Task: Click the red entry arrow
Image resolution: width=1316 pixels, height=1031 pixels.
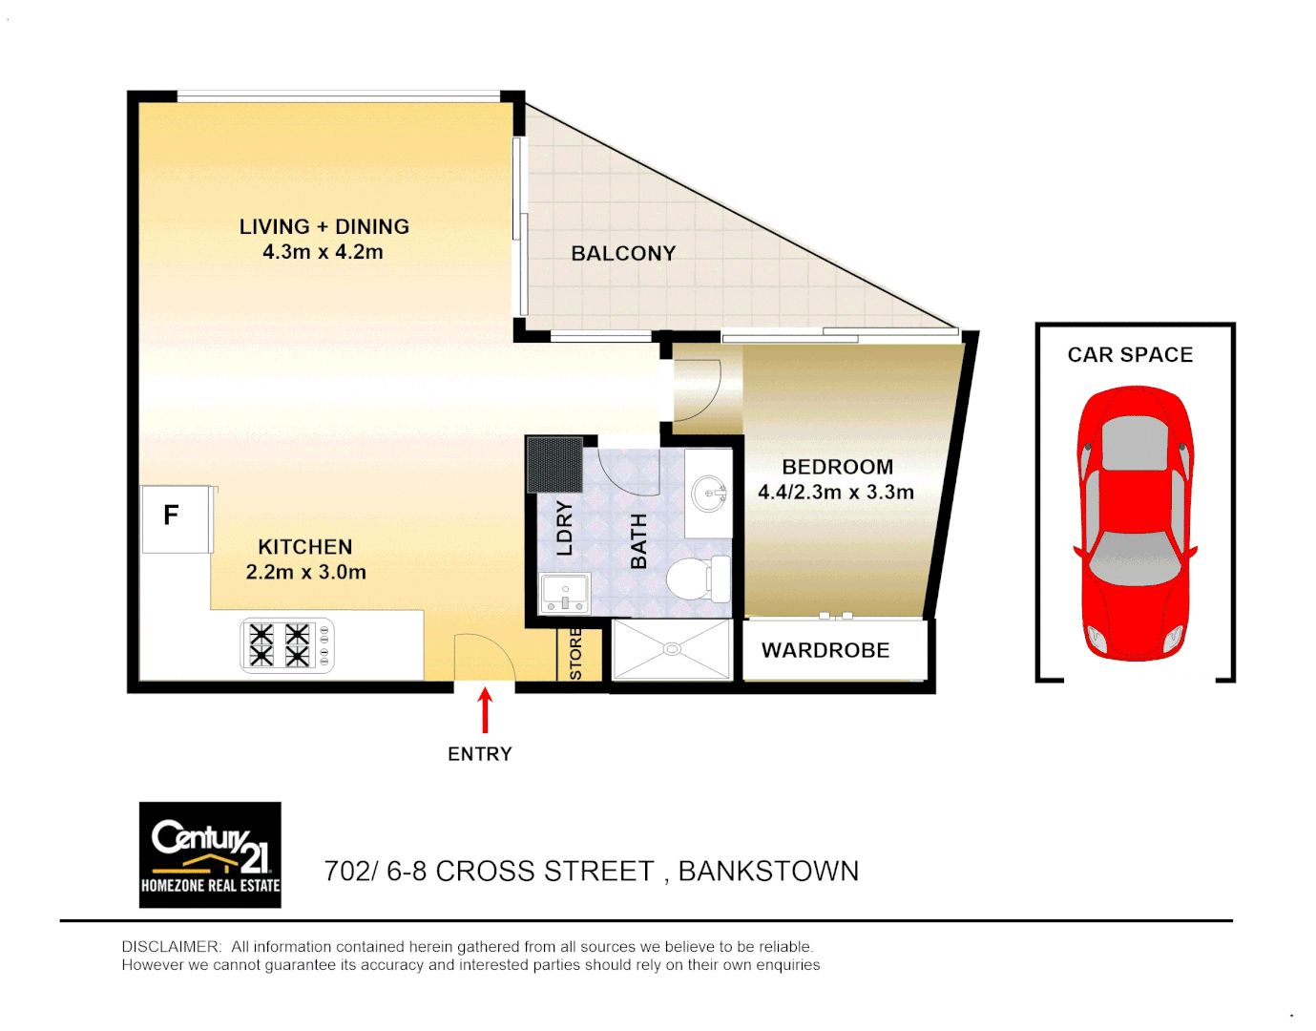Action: pyautogui.click(x=485, y=710)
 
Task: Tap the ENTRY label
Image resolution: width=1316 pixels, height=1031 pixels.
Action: pyautogui.click(x=480, y=754)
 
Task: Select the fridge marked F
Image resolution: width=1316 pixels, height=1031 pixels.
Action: pyautogui.click(x=176, y=518)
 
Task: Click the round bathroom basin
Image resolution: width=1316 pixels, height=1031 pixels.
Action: pyautogui.click(x=709, y=494)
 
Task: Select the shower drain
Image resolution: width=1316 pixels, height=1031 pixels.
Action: pyautogui.click(x=672, y=649)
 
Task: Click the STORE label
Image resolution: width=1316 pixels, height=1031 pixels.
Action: pyautogui.click(x=575, y=653)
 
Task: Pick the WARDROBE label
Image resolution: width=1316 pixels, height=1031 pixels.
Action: pyautogui.click(x=825, y=650)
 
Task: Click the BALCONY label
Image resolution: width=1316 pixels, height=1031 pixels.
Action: pyautogui.click(x=623, y=254)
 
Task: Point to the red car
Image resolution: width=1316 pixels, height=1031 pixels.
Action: pyautogui.click(x=1135, y=523)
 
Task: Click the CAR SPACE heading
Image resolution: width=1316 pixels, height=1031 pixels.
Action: pyautogui.click(x=1130, y=355)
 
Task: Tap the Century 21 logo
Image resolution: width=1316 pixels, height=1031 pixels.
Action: pyautogui.click(x=210, y=854)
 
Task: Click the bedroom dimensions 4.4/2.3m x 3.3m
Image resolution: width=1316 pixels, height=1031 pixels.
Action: pyautogui.click(x=836, y=493)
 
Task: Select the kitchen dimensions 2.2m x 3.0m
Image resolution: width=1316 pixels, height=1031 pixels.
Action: pyautogui.click(x=305, y=573)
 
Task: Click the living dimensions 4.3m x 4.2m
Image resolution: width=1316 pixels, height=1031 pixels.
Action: pyautogui.click(x=323, y=252)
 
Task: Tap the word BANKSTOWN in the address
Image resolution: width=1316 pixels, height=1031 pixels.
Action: pyautogui.click(x=768, y=872)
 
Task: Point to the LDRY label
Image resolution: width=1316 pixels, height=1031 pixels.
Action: pyautogui.click(x=564, y=528)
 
